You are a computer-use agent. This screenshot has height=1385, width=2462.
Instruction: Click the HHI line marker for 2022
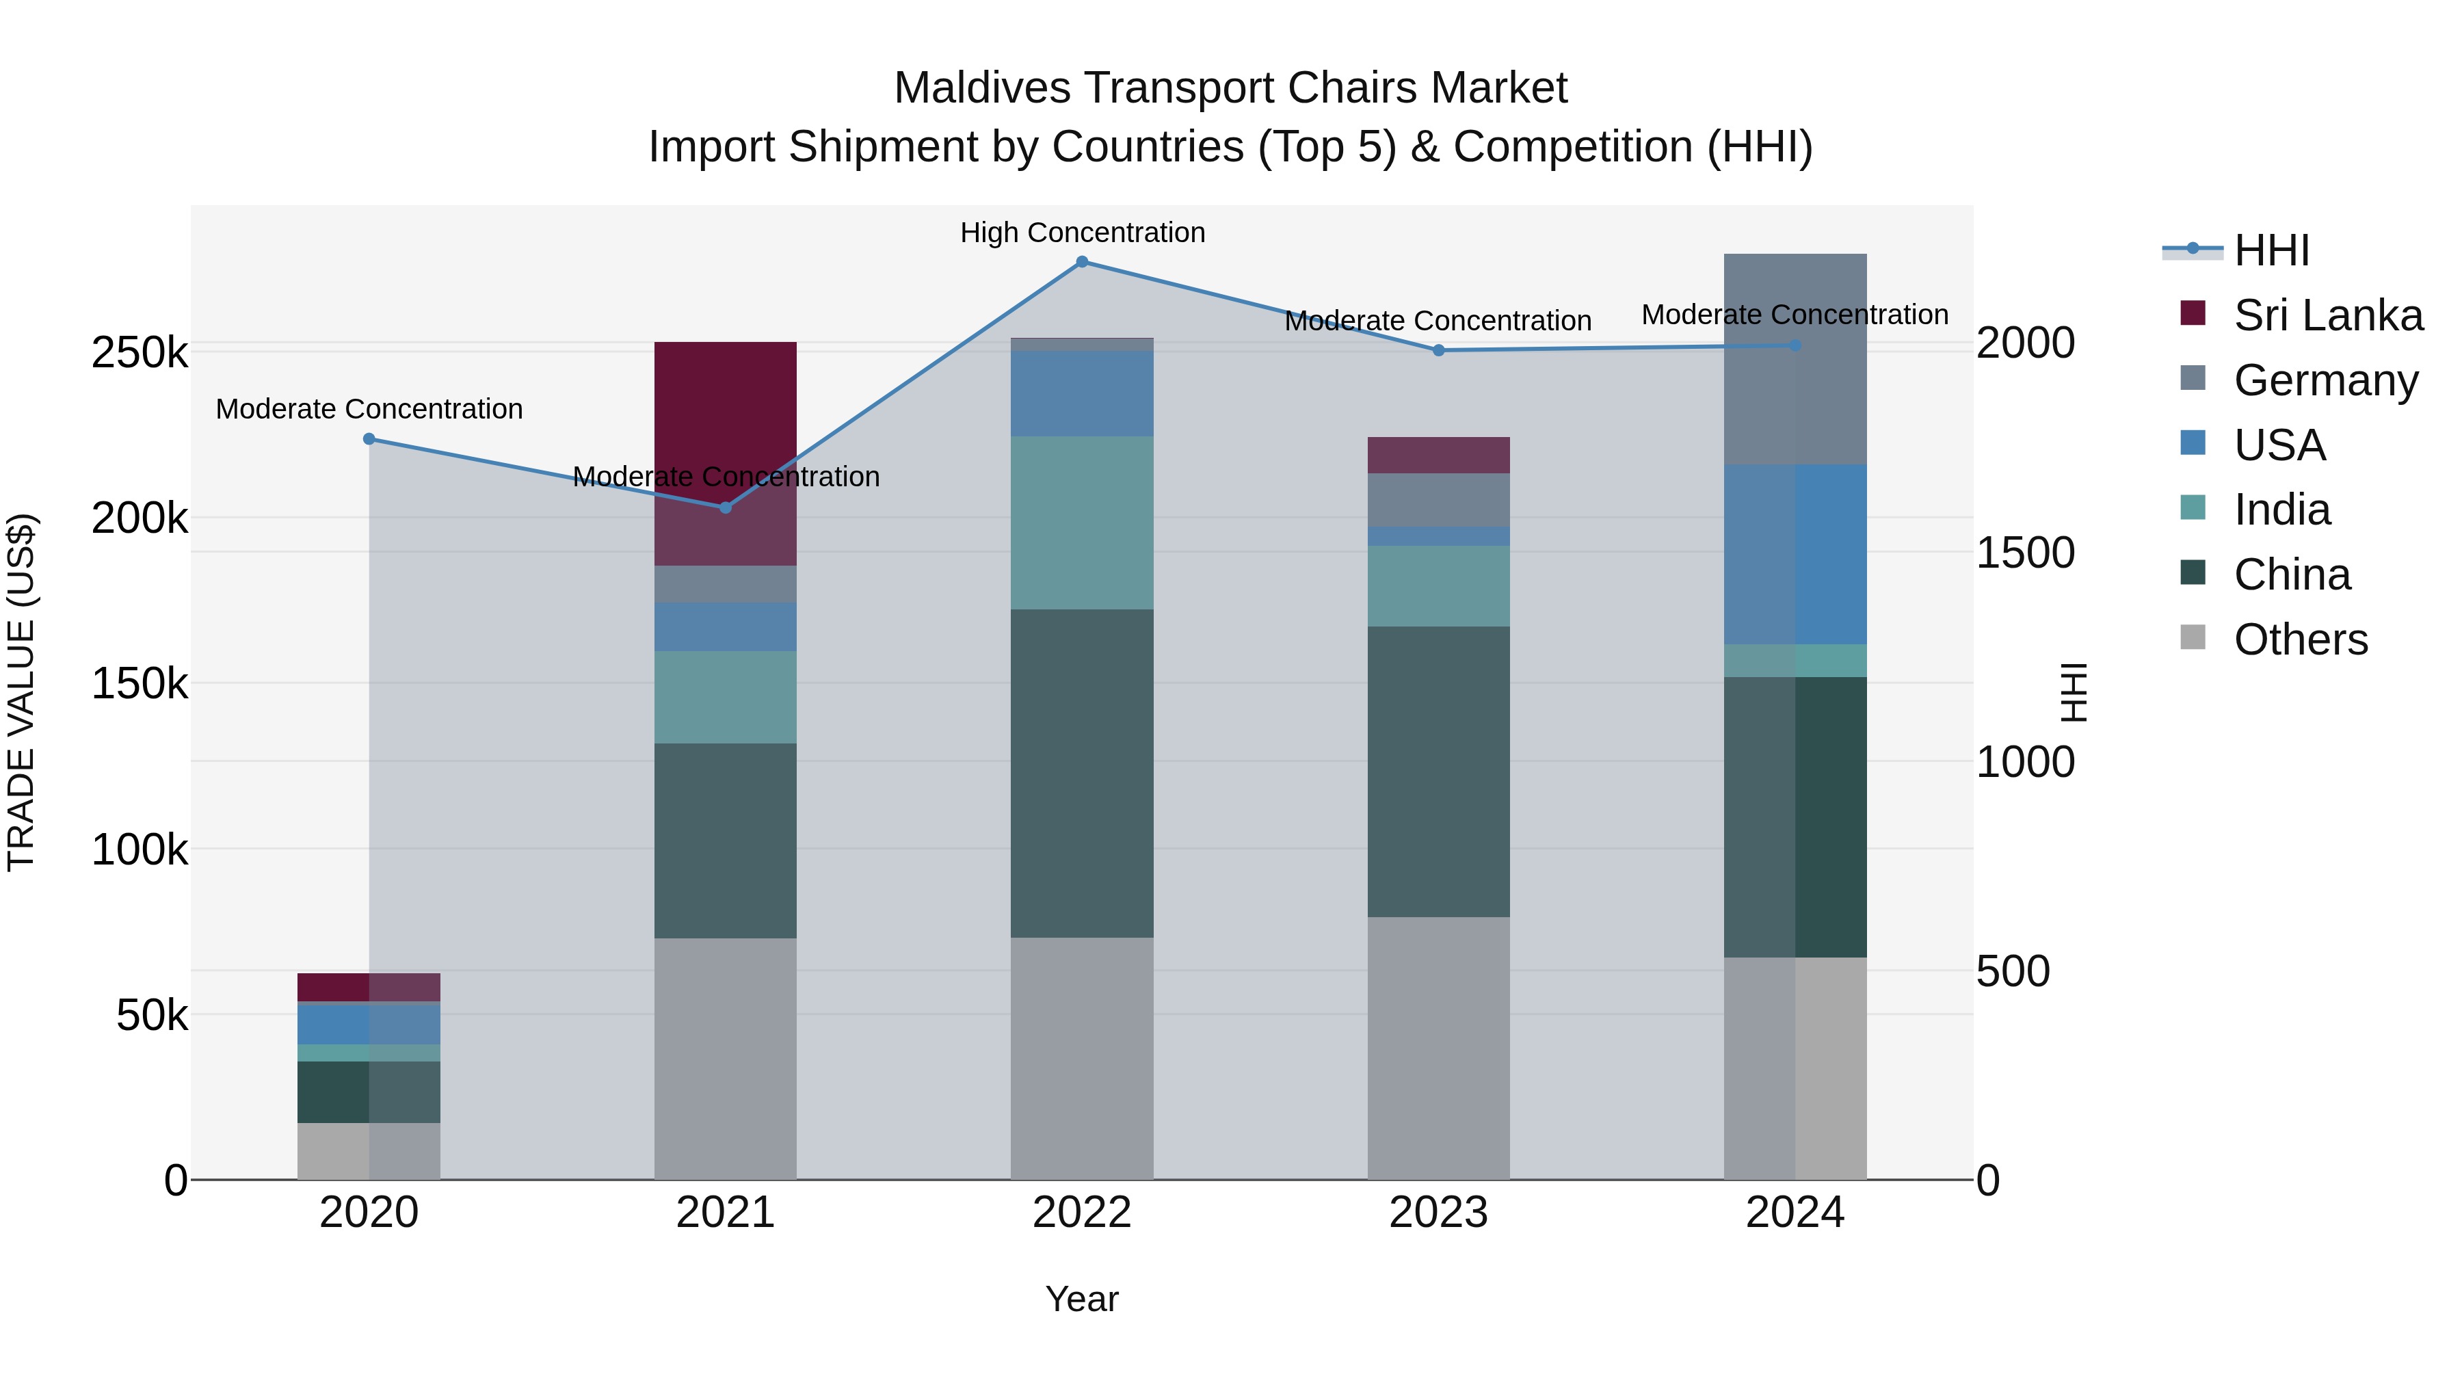1082,262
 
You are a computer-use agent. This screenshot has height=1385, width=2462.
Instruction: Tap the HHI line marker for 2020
369,438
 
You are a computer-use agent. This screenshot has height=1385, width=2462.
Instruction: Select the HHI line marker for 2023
1438,351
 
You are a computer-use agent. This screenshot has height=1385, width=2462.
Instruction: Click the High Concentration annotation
1082,233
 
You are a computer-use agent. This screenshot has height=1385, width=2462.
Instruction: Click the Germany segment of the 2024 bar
1795,359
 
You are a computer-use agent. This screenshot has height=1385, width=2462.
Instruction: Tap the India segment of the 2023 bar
1438,586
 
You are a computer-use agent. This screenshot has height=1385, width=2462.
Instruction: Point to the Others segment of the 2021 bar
726,1058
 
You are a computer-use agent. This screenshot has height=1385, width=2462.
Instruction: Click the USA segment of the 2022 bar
1082,393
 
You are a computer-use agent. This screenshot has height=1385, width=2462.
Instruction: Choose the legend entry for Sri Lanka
2328,315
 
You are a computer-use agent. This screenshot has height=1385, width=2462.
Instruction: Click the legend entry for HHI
2271,250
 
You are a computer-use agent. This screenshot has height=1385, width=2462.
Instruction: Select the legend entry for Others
2301,639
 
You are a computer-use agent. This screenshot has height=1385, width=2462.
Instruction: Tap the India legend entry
2281,510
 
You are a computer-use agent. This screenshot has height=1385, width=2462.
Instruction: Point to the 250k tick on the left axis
140,353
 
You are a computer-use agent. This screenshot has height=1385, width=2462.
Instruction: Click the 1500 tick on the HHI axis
2025,553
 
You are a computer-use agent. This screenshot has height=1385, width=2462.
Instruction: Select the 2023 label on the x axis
1438,1213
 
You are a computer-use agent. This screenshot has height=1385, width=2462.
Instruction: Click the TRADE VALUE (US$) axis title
21,692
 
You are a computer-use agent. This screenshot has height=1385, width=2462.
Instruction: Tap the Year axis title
1082,1299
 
